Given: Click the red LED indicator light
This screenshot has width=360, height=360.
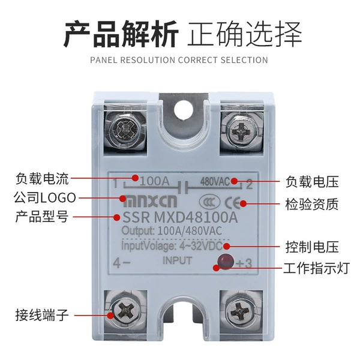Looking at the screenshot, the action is (226, 262).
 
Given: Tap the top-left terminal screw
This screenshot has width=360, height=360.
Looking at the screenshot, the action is (125, 130).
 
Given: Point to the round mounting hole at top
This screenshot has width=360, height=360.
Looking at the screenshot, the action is (184, 109).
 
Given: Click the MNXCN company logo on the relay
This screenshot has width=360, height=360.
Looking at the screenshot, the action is (150, 202).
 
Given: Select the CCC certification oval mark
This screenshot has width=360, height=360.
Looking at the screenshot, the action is (209, 202).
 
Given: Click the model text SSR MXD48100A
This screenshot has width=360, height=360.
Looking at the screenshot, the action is (180, 217).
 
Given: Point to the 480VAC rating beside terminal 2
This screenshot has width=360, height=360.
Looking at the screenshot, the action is (215, 182).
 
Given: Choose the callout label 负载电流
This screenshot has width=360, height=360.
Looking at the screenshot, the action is (42, 179).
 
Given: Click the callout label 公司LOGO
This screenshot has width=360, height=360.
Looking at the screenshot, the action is (44, 198).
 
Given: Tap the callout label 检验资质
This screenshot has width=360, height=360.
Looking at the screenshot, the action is (312, 204).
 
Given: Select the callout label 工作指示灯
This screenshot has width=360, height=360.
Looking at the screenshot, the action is (316, 268).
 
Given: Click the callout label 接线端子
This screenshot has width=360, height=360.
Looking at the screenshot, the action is (42, 315).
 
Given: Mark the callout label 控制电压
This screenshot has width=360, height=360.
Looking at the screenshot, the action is (312, 247).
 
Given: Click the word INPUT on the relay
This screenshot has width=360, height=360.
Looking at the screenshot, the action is (177, 260).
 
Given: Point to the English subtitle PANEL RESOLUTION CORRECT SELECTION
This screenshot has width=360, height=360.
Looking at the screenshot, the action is (179, 60).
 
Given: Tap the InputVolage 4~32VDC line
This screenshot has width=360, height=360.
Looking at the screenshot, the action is (172, 245).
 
